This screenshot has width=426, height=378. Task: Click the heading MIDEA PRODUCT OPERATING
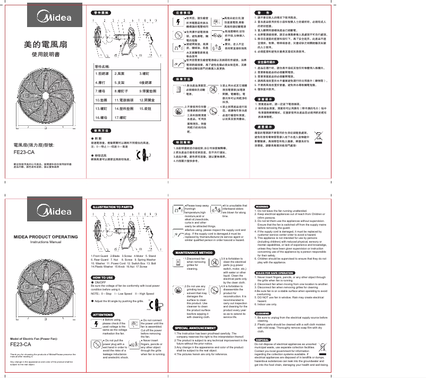coord(46,236)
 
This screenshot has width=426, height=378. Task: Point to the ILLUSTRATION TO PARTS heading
coord(112,207)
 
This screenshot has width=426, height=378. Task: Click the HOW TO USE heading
coord(102,277)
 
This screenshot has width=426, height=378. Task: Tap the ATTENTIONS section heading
coord(103,315)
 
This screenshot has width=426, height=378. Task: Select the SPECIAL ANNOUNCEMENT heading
coord(196,328)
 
